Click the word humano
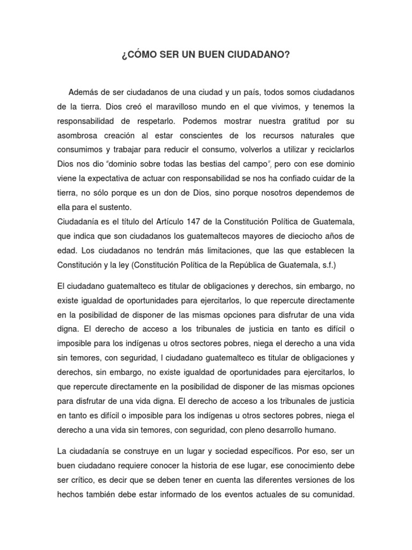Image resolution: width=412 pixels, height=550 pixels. (317, 430)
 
